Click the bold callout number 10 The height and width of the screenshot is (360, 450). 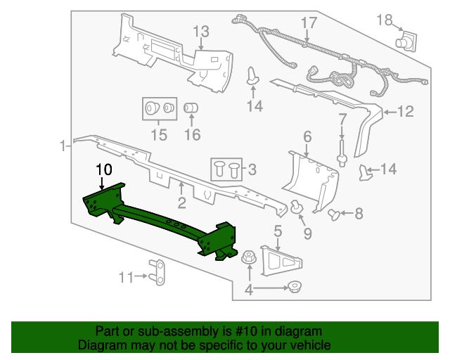pyautogui.click(x=103, y=169)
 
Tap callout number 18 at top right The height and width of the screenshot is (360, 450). pyautogui.click(x=384, y=20)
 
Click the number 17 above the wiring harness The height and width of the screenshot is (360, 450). pyautogui.click(x=309, y=23)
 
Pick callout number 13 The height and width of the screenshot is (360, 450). pyautogui.click(x=201, y=31)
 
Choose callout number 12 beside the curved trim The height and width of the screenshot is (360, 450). pyautogui.click(x=406, y=111)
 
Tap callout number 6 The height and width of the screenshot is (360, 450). pyautogui.click(x=307, y=136)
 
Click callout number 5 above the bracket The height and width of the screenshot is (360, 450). pyautogui.click(x=278, y=230)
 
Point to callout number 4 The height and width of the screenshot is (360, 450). pyautogui.click(x=248, y=289)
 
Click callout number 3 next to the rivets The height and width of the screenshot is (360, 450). pyautogui.click(x=250, y=169)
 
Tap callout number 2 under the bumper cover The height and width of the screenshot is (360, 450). pyautogui.click(x=181, y=205)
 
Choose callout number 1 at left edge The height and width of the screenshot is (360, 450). pyautogui.click(x=63, y=146)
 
